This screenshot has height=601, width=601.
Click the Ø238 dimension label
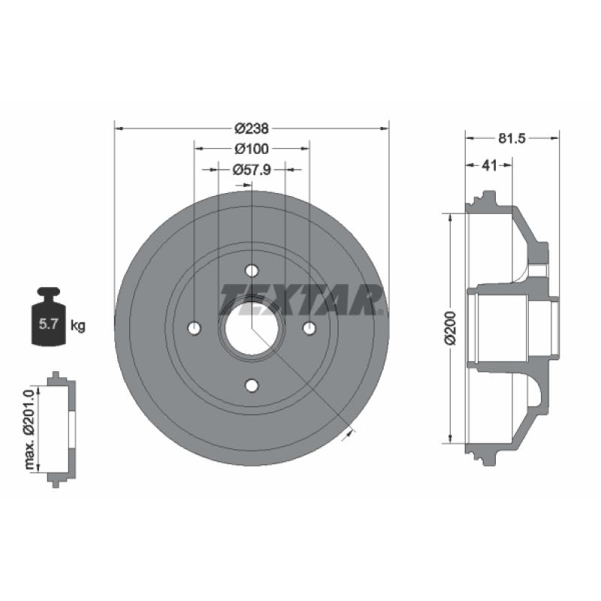pos(252,128)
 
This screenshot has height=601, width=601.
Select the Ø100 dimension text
pos(252,149)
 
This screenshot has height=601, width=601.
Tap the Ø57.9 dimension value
pos(252,169)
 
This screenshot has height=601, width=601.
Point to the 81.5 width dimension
pos(512,138)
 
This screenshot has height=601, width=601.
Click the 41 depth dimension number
pos(489,165)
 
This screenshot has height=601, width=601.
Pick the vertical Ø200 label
pos(452,328)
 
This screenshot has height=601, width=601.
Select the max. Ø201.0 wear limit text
pos(29,428)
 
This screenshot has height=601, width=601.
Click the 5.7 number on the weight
pos(48,325)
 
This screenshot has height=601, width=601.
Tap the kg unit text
pos(78,326)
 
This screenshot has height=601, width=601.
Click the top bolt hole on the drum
pos(252,270)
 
